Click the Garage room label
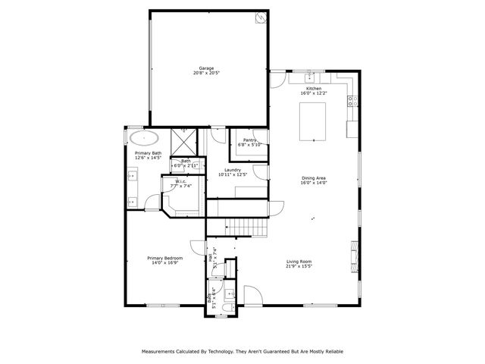208,68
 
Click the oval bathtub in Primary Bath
144,138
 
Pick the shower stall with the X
184,142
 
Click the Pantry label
249,140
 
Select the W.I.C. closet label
181,181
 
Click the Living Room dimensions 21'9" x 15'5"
299,266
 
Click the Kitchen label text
314,89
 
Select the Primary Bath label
149,153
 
